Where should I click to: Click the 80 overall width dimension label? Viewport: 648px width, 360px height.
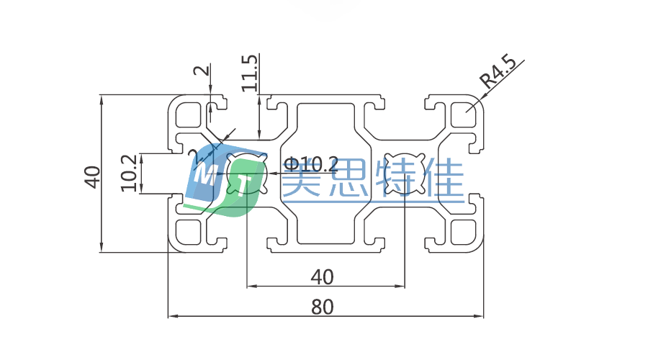[x=323, y=306]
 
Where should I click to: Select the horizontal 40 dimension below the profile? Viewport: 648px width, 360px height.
[x=322, y=276]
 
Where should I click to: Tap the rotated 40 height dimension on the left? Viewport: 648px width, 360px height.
[x=91, y=176]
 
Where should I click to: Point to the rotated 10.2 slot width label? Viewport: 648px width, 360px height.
[x=130, y=173]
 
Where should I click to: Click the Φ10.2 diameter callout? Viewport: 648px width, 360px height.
[x=311, y=164]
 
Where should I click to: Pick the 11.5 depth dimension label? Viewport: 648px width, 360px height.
[x=249, y=73]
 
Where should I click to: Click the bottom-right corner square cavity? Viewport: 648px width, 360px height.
[x=463, y=233]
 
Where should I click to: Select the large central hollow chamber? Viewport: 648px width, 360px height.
[x=326, y=173]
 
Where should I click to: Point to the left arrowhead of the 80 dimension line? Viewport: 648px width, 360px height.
[x=171, y=316]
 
